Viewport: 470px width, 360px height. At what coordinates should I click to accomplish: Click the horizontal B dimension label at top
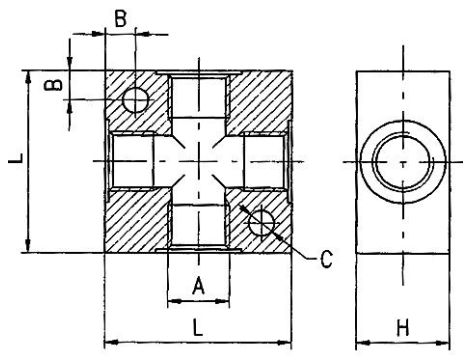(120, 17)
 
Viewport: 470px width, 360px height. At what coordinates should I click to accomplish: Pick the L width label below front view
(197, 327)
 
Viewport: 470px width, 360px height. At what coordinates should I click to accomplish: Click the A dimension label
(197, 285)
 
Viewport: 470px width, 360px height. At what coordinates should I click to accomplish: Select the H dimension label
(402, 327)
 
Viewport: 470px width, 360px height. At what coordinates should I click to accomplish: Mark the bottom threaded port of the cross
(198, 227)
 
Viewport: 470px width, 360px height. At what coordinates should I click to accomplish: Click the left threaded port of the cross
(130, 161)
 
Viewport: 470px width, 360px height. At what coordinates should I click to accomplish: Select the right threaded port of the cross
(265, 161)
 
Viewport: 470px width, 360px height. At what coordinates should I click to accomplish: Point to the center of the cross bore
(198, 161)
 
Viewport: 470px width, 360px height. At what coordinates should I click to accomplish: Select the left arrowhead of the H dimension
(363, 343)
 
